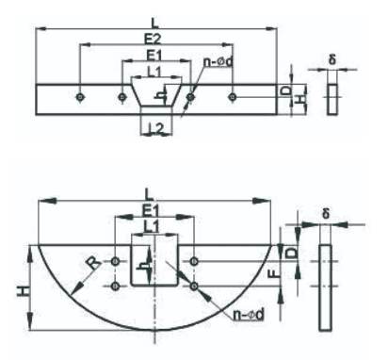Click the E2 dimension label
[153, 39]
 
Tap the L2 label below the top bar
[156, 129]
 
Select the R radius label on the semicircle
[94, 263]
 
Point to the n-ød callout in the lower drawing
[249, 315]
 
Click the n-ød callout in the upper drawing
[218, 62]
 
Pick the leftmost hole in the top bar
[80, 97]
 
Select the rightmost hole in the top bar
[232, 97]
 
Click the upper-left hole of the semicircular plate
[116, 261]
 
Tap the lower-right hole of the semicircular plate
[194, 286]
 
